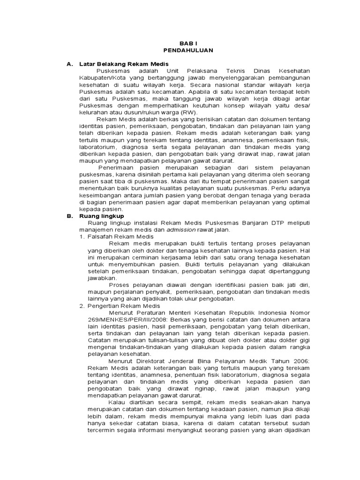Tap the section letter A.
click(68, 63)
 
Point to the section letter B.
click(68, 216)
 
